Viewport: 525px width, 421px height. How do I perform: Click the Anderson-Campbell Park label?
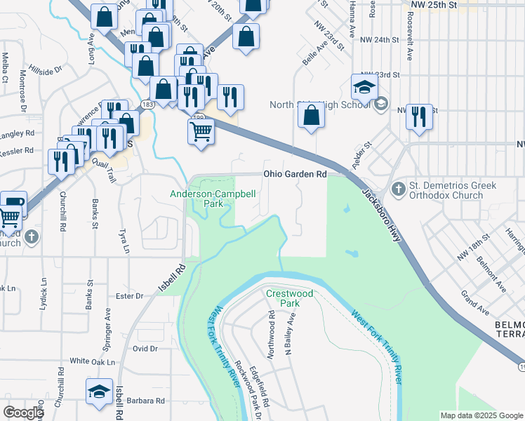[x=208, y=199]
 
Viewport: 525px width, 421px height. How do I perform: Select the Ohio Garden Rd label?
[x=295, y=173]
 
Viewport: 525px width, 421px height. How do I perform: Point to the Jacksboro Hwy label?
[x=381, y=216]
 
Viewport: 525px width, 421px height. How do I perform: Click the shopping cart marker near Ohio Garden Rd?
[x=201, y=131]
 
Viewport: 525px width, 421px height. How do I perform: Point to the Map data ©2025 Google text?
[x=481, y=415]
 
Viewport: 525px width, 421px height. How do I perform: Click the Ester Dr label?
[x=129, y=296]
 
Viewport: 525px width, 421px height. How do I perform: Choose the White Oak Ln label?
[x=92, y=361]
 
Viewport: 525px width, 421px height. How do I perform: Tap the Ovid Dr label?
[x=145, y=348]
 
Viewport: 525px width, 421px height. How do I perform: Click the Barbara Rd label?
[x=145, y=401]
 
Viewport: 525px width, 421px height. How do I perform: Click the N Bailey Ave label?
[x=288, y=334]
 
